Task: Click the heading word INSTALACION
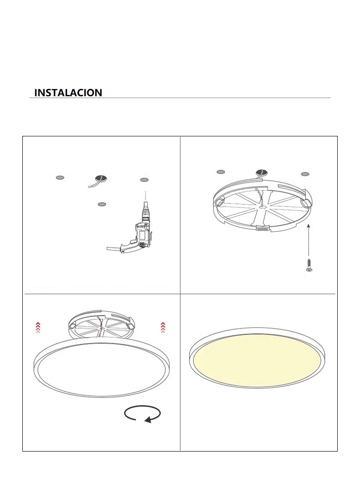[x=68, y=93]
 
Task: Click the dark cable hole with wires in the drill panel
[x=101, y=179]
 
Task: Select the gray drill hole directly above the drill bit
[x=144, y=180]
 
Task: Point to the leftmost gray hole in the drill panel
[x=60, y=177]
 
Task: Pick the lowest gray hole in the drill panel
[x=102, y=204]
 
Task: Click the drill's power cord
[x=113, y=249]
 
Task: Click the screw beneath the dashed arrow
[x=309, y=265]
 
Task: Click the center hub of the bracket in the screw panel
[x=262, y=208]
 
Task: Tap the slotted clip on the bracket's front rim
[x=262, y=228]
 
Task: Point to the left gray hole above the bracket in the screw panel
[x=221, y=172]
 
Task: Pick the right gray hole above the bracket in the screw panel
[x=305, y=174]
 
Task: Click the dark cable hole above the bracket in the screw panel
[x=262, y=173]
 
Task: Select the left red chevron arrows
[x=38, y=327]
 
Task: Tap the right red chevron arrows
[x=163, y=327]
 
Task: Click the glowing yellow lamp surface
[x=257, y=360]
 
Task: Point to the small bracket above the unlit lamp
[x=102, y=325]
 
